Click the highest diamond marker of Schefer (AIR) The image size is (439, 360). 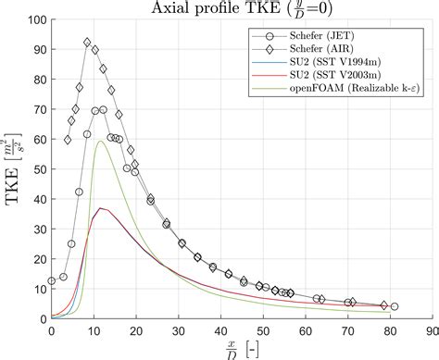point(87,43)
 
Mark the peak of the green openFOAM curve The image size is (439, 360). point(100,142)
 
